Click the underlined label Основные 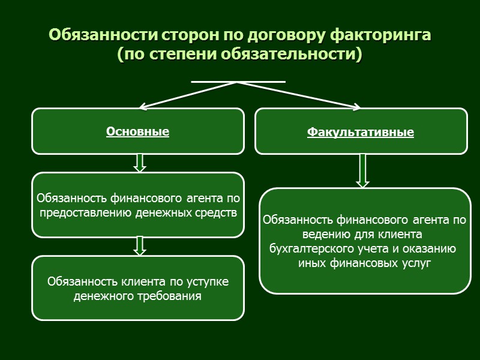pyautogui.click(x=137, y=131)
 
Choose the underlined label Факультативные pyautogui.click(x=361, y=132)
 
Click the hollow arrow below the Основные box pyautogui.click(x=140, y=163)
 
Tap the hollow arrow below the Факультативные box pyautogui.click(x=362, y=170)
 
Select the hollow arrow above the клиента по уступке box pyautogui.click(x=140, y=245)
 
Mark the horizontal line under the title pyautogui.click(x=238, y=81)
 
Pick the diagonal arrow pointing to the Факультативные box pyautogui.click(x=300, y=95)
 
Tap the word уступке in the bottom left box pyautogui.click(x=208, y=281)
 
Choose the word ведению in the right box pyautogui.click(x=327, y=234)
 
